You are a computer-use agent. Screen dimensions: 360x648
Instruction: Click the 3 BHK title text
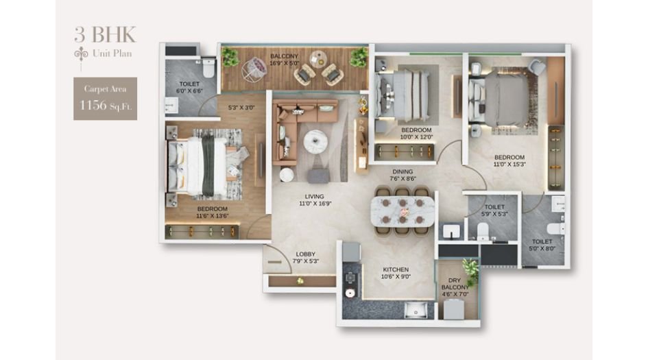(105, 34)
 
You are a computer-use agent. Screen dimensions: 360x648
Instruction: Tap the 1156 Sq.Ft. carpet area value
(105, 105)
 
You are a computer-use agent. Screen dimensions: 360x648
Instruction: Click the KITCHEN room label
(396, 269)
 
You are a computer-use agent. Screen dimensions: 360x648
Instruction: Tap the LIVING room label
(314, 197)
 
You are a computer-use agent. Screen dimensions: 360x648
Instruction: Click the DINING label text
(403, 172)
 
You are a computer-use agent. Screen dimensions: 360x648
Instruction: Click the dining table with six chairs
(403, 211)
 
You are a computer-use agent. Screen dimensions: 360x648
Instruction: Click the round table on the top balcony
(317, 58)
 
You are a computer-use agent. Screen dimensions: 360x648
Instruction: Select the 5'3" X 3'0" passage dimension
(241, 108)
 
